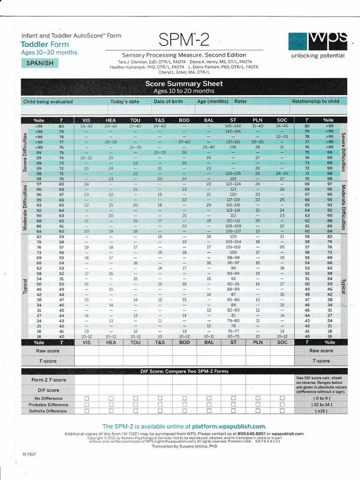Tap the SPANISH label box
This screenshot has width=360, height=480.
pos(39,63)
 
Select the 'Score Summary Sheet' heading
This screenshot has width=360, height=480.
pos(184,84)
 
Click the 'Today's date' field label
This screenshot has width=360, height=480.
pos(125,101)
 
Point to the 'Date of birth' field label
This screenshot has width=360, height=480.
pos(168,101)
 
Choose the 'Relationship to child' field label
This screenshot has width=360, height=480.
pos(315,101)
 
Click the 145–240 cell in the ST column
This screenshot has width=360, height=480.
pos(233,126)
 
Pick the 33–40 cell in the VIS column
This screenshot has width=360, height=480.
pos(86,126)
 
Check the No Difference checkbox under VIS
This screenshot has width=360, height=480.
pos(86,398)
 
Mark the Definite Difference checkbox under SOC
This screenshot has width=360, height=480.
pos(282,411)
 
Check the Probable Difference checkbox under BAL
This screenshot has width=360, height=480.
pos(209,405)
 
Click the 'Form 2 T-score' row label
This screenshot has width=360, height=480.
pos(49,380)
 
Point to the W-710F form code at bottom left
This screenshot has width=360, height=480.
pos(29,454)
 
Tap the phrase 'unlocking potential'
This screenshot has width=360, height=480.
pos(318,56)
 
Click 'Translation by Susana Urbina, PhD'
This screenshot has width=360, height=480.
pos(184,446)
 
